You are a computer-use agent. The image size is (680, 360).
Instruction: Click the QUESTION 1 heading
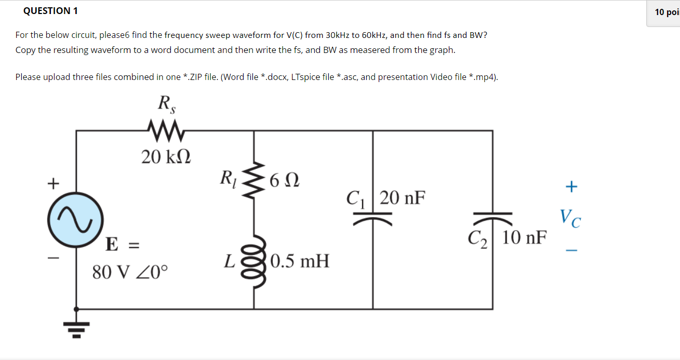pos(47,11)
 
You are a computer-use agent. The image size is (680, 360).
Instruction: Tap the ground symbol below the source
pos(76,326)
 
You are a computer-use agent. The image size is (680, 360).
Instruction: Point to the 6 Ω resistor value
pos(284,181)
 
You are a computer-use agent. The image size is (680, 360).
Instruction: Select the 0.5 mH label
pos(300,261)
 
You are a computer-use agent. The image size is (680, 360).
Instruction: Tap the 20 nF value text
pos(402,198)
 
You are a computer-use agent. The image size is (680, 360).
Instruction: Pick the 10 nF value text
pos(525,238)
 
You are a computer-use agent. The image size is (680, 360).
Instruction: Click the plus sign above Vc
pos(570,186)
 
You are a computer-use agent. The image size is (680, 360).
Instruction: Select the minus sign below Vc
pos(571,250)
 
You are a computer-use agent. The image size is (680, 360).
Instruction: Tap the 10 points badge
pos(666,12)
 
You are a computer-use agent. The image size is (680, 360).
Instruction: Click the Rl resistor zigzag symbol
pos(254,181)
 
